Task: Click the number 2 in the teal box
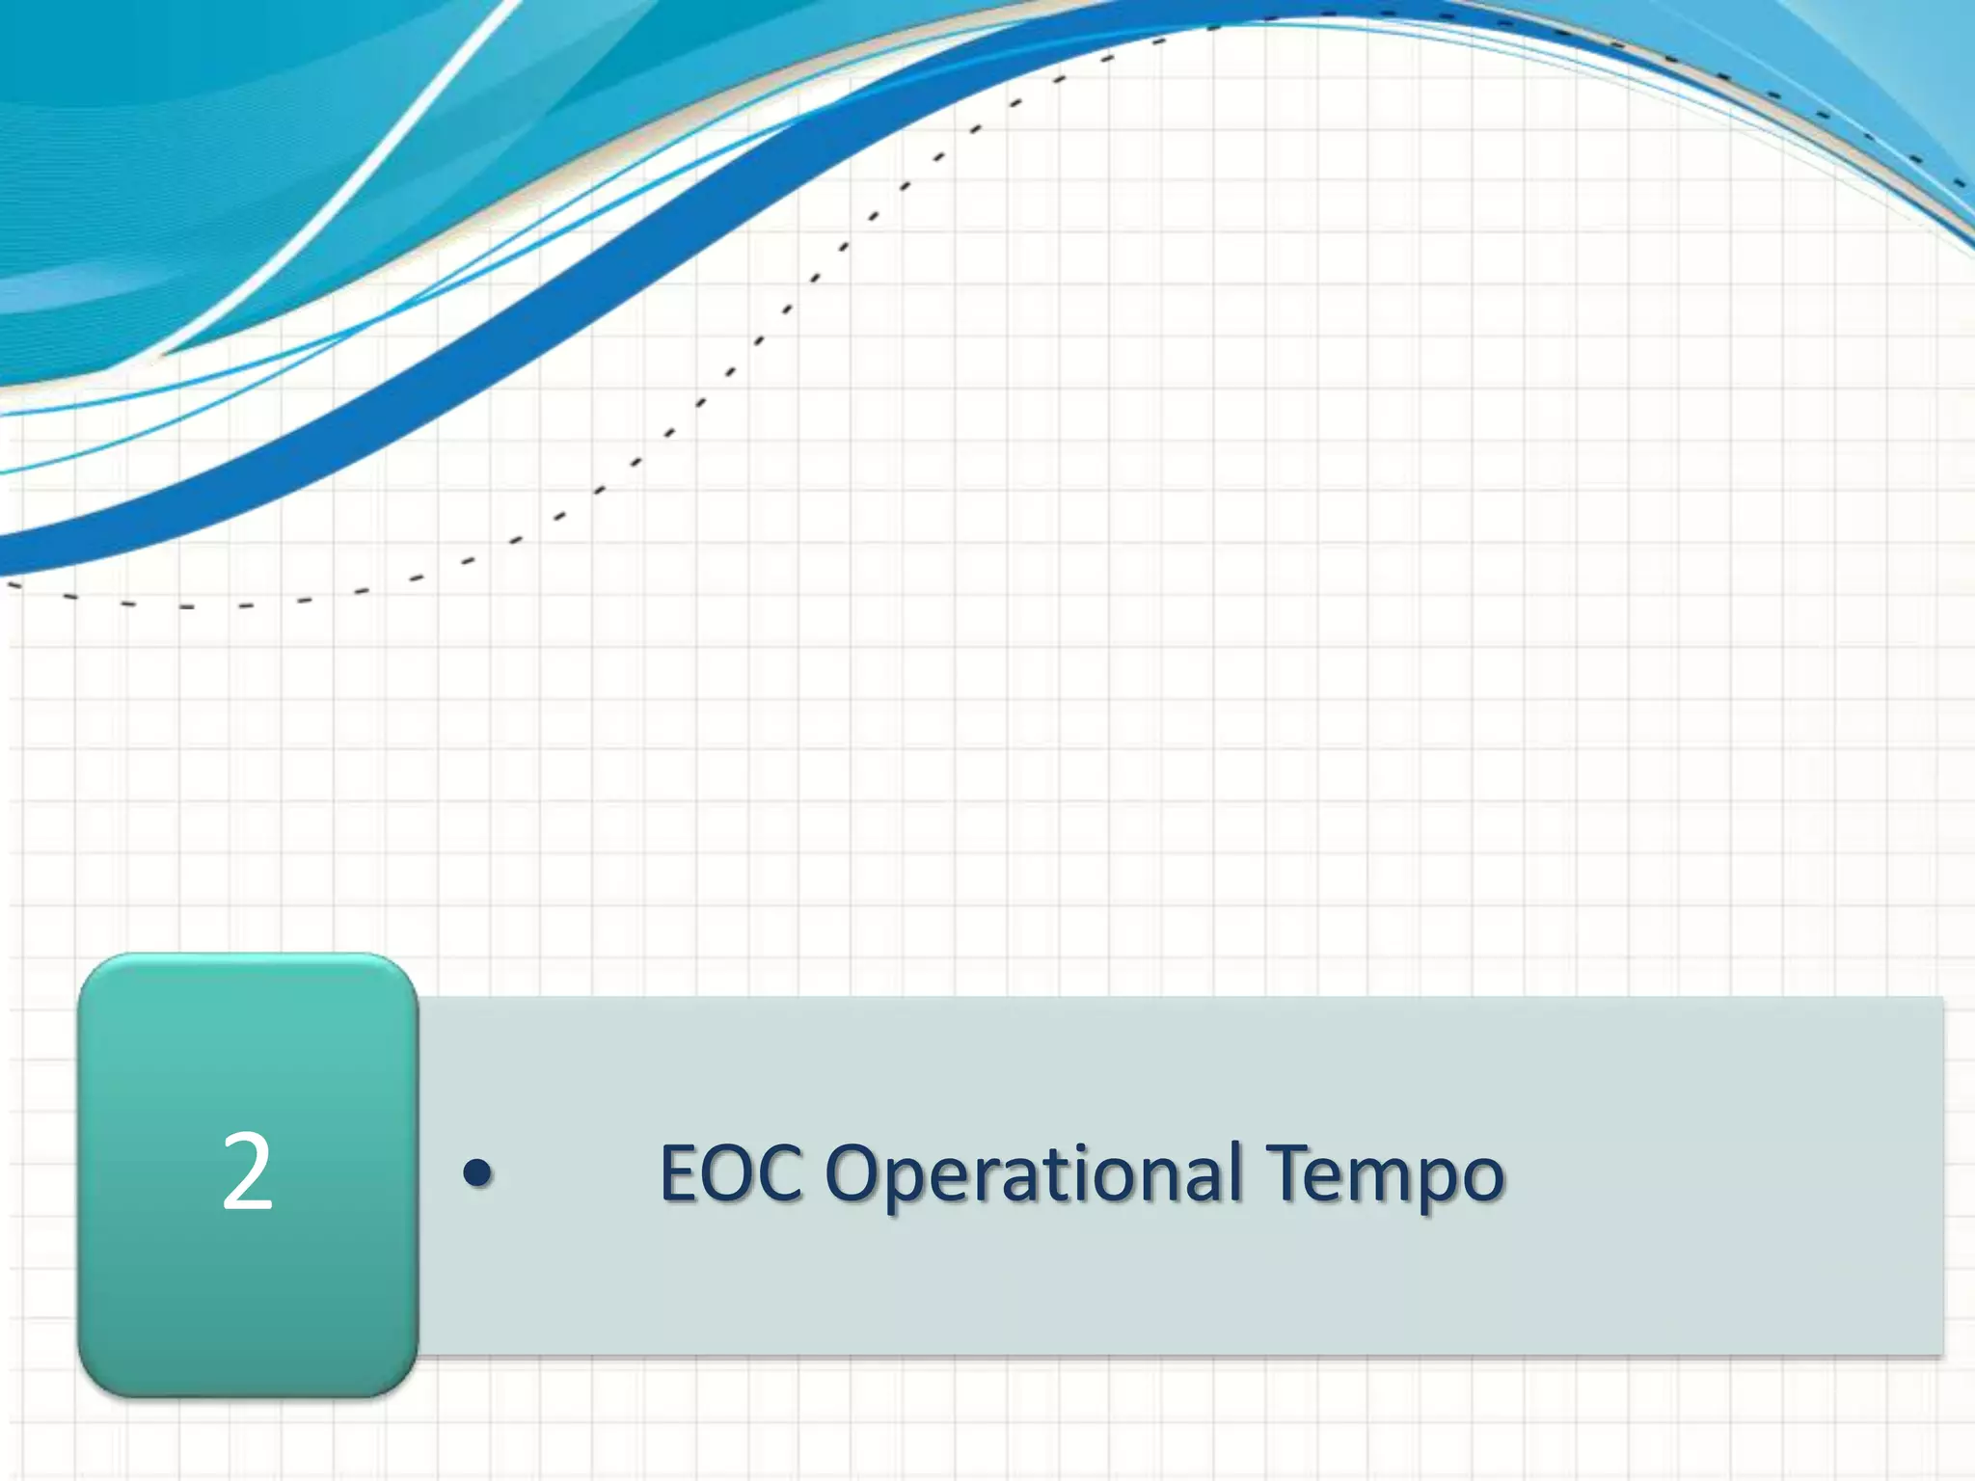[247, 1173]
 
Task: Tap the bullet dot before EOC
[477, 1173]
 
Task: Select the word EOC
[730, 1173]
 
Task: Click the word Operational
[1033, 1175]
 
